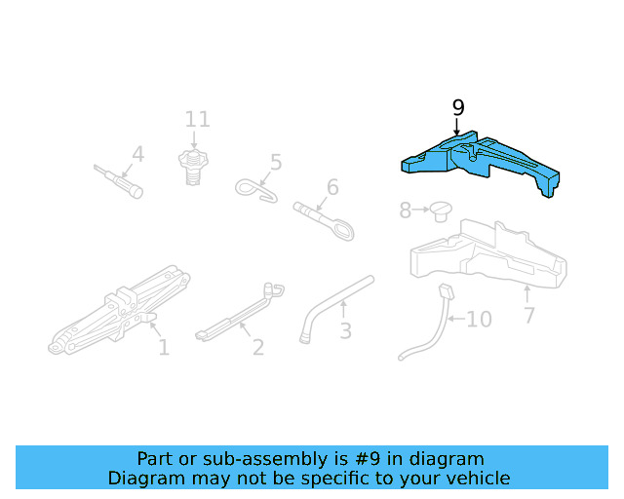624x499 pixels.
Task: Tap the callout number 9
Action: coord(458,108)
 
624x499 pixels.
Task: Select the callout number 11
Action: coord(198,120)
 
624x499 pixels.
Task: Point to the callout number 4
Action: coord(137,154)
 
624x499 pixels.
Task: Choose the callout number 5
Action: coord(276,162)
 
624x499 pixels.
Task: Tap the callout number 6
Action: coord(332,186)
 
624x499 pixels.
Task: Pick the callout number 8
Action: coord(406,210)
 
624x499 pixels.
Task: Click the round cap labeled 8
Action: coord(442,210)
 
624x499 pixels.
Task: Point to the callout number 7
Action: coord(529,315)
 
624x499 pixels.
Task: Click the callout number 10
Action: coord(478,319)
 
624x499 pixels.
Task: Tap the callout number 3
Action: coord(345,331)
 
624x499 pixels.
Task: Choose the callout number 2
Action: coord(257,347)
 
